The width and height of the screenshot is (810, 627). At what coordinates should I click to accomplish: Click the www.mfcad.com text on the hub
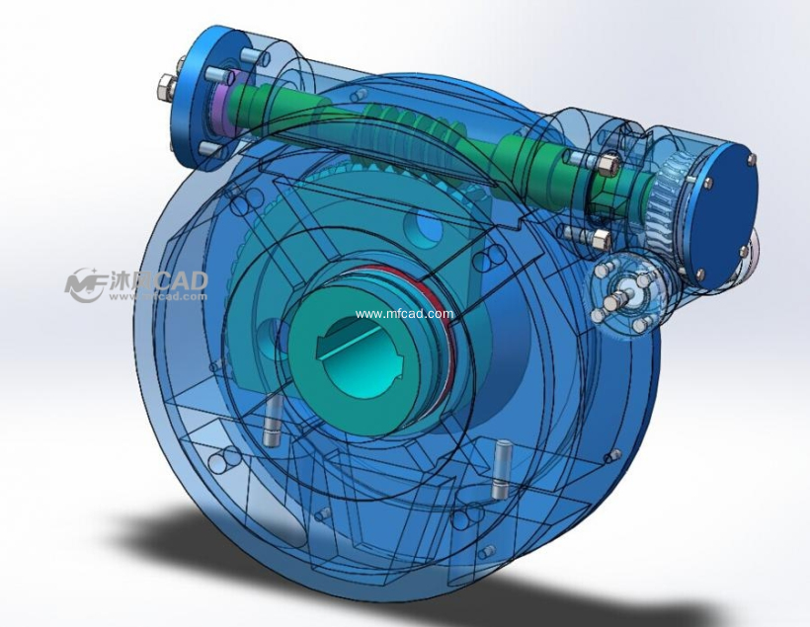[x=404, y=315]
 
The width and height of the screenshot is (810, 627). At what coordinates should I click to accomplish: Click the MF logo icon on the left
[x=85, y=284]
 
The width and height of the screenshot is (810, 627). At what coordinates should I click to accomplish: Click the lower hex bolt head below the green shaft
[x=600, y=238]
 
